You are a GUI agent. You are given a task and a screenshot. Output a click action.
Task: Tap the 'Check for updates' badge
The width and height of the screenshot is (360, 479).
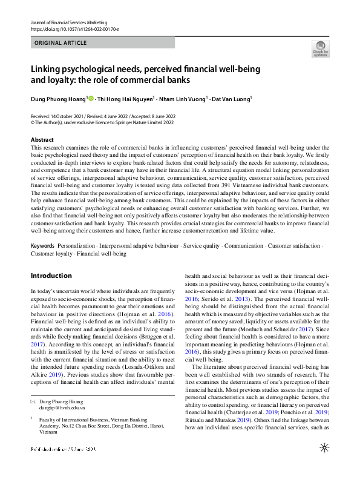coord(320,48)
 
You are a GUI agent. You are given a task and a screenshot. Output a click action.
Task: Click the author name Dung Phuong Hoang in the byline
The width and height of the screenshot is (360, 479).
coord(58,98)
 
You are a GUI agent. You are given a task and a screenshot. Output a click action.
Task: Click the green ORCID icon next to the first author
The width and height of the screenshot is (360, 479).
coord(91,98)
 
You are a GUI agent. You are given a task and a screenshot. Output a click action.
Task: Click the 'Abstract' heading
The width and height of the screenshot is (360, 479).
coord(42,139)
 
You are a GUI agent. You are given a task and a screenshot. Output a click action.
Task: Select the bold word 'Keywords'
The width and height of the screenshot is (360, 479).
coord(42,246)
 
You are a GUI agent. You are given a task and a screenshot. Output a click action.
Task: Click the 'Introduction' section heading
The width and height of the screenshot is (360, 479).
coord(51,276)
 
